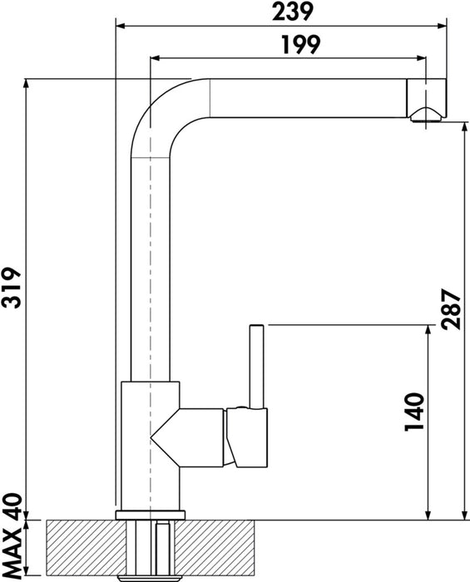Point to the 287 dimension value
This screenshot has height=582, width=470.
click(x=451, y=309)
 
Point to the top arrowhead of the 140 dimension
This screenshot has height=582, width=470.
click(x=427, y=330)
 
